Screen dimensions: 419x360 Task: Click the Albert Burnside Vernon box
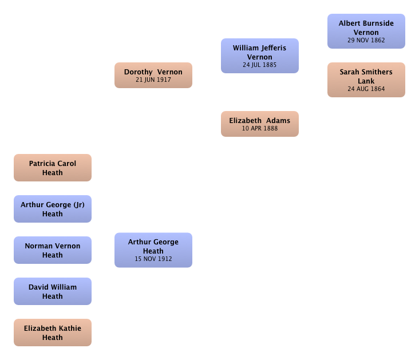[366, 31]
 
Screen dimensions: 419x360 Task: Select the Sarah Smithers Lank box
[366, 80]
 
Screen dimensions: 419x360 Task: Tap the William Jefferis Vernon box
[260, 56]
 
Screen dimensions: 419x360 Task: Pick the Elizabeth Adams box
[260, 124]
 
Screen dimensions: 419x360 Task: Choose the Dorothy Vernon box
[153, 75]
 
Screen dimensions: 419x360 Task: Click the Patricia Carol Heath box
[53, 168]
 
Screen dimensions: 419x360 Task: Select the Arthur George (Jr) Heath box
[53, 209]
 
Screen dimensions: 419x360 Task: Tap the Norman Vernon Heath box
[53, 250]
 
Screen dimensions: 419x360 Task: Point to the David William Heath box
[53, 291]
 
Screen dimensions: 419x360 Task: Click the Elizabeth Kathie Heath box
[53, 332]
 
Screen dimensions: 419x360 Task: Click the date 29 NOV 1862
[366, 40]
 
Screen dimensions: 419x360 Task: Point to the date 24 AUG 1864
[366, 89]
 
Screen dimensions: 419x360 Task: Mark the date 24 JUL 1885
[260, 65]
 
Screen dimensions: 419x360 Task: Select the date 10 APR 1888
[260, 128]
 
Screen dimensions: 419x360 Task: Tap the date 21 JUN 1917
[153, 80]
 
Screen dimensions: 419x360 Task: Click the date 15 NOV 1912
[153, 259]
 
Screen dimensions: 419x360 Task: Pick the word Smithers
[373, 72]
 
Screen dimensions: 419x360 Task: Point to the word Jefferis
[274, 48]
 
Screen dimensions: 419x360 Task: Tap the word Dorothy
[138, 72]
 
